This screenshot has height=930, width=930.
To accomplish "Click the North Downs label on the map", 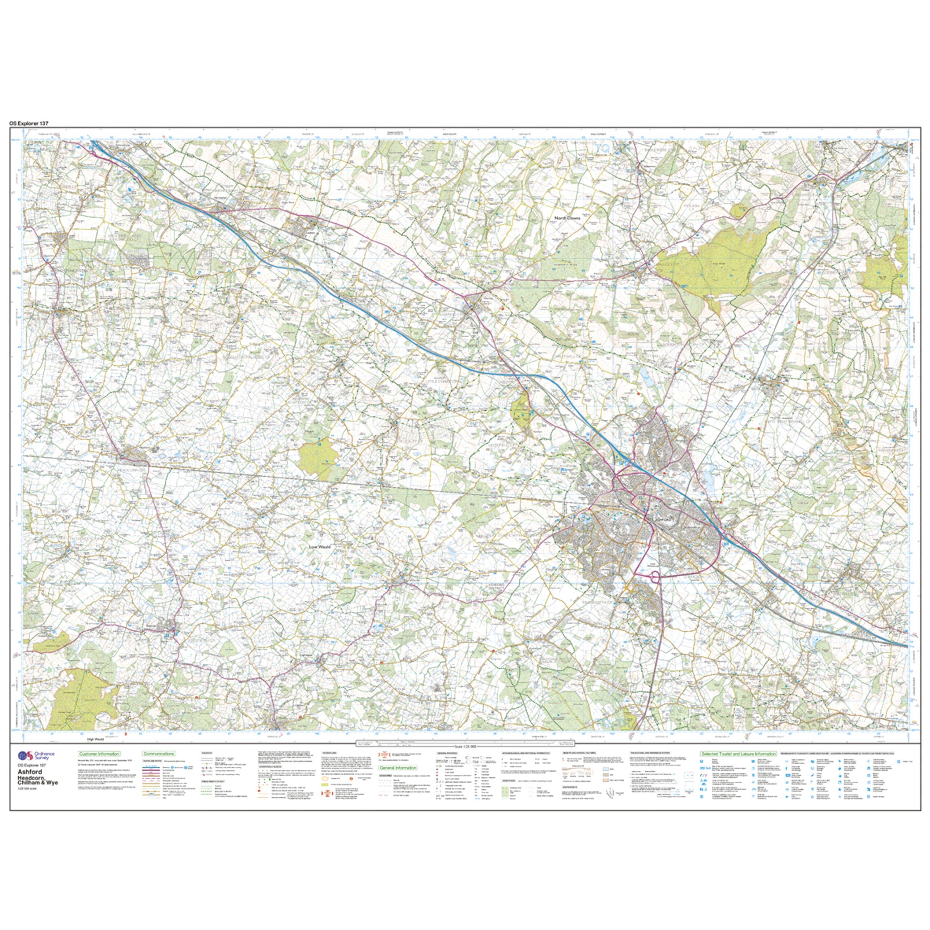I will pos(568,218).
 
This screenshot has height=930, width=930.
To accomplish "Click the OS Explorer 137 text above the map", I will pos(29,124).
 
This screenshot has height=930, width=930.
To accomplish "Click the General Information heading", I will pos(398,768).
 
